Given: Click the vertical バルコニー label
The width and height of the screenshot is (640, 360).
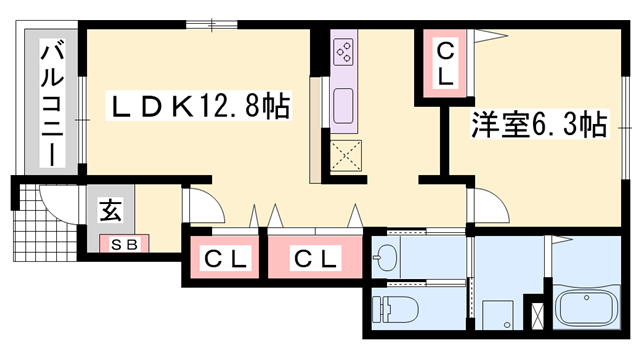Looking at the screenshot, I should (x=48, y=104).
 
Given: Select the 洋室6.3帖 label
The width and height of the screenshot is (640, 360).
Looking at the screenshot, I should (x=537, y=125).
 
